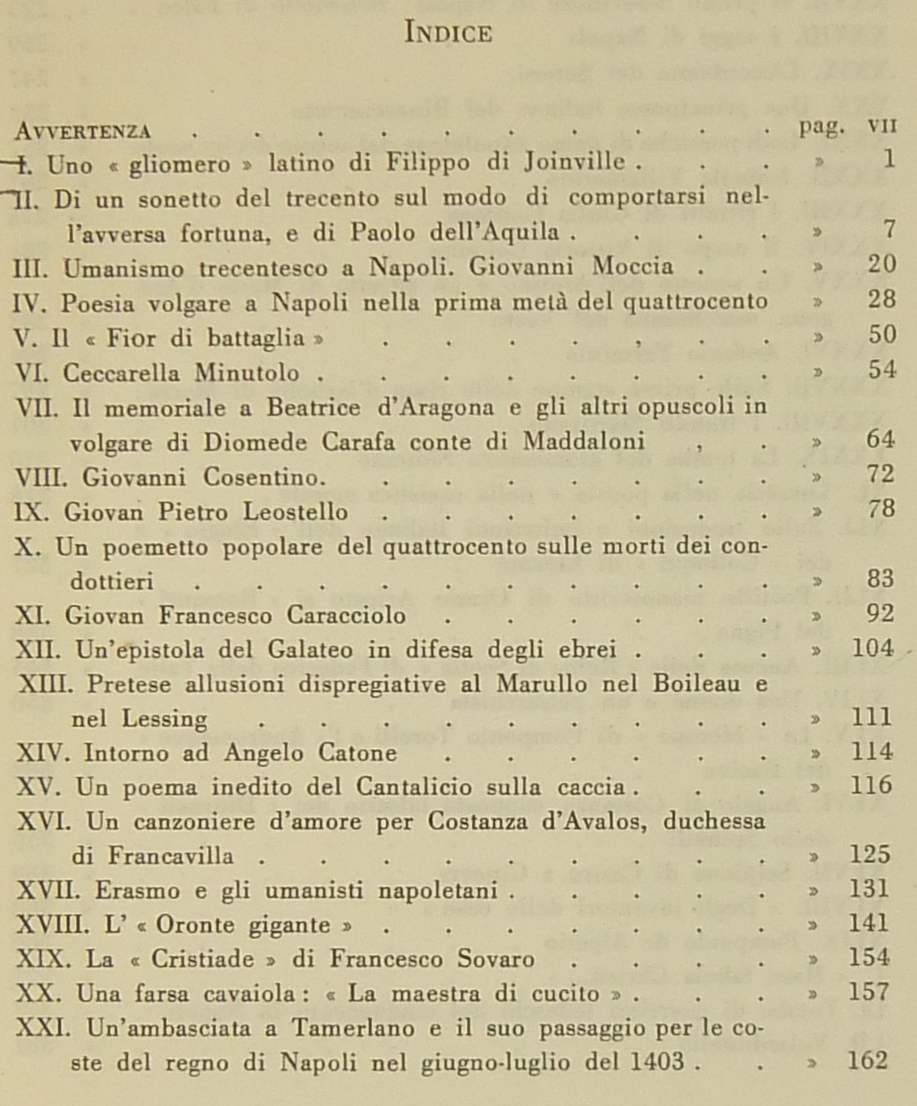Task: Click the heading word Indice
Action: [x=448, y=33]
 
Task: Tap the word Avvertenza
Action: [x=84, y=130]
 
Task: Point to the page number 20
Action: [x=881, y=264]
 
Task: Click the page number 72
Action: [x=881, y=474]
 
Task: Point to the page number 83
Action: [x=881, y=579]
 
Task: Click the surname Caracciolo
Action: [x=349, y=615]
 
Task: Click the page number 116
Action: [x=870, y=785]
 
